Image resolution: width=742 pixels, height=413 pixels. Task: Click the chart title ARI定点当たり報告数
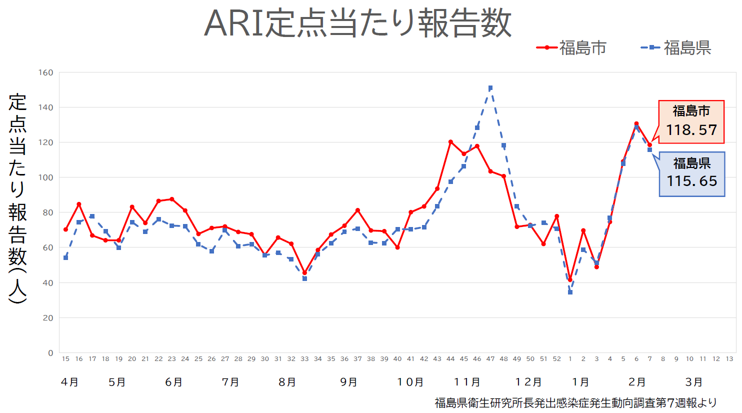(357, 22)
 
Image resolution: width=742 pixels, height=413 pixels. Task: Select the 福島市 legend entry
(572, 48)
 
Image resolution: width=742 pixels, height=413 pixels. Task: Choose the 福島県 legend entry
(676, 48)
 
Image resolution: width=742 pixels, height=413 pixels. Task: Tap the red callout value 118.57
(691, 130)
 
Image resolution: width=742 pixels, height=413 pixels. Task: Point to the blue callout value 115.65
(691, 181)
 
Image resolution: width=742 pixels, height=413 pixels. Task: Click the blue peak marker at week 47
(490, 88)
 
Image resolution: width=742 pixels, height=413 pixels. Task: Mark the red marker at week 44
(450, 142)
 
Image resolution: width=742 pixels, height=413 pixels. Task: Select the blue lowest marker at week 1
(570, 292)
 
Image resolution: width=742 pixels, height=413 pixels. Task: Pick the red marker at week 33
(304, 273)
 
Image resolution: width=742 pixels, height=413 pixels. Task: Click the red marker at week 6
(636, 123)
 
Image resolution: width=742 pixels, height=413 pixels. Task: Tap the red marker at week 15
(65, 229)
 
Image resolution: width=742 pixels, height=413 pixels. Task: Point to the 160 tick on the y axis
(46, 72)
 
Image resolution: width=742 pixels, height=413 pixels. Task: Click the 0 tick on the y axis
(50, 353)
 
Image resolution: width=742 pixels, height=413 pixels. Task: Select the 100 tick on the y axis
(46, 177)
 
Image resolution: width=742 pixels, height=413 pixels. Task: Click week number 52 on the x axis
(557, 359)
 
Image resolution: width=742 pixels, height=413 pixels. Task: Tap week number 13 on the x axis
(729, 359)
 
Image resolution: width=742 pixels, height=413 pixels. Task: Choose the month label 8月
(287, 382)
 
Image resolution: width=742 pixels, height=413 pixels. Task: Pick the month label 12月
(528, 382)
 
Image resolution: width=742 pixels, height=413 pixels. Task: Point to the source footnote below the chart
(575, 403)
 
